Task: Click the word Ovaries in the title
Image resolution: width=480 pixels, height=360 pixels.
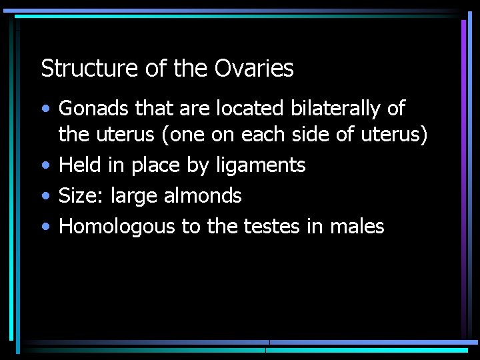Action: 254,68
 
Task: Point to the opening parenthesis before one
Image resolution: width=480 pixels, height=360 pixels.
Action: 163,135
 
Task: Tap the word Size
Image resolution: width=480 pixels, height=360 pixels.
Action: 77,195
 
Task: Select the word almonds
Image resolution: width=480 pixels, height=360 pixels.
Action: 203,195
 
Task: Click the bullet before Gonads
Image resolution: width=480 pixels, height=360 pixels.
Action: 44,109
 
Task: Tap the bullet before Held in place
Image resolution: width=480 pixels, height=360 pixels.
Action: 44,165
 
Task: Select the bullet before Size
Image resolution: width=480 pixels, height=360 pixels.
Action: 44,196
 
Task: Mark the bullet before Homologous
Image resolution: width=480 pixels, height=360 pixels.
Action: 44,227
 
